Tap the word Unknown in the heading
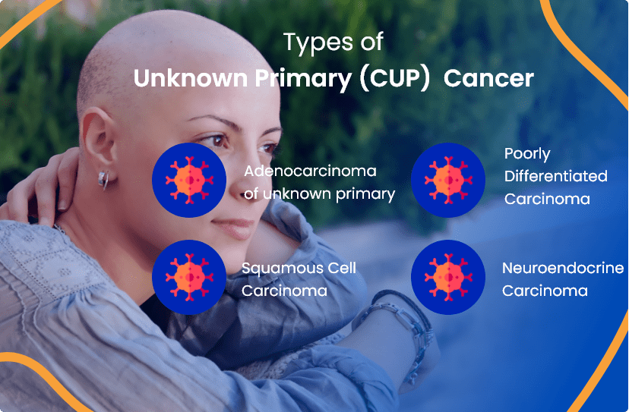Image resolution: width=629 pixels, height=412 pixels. click(x=179, y=79)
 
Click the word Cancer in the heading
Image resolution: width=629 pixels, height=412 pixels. click(x=489, y=79)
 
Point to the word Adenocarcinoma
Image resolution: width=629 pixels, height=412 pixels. click(x=311, y=171)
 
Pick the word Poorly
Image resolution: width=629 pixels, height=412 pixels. click(x=527, y=154)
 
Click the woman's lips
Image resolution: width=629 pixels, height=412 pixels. click(x=231, y=225)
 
